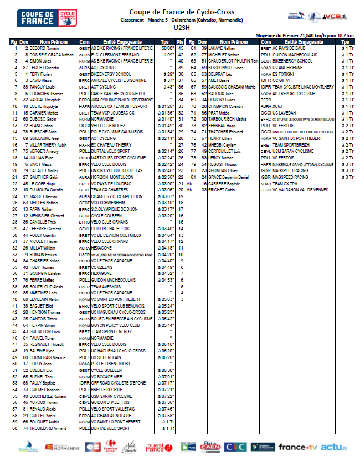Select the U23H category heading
coord(181,27)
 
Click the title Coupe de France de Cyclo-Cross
coord(181,12)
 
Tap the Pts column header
coord(179,42)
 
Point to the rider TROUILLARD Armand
coord(48,428)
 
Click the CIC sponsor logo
coord(236,447)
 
